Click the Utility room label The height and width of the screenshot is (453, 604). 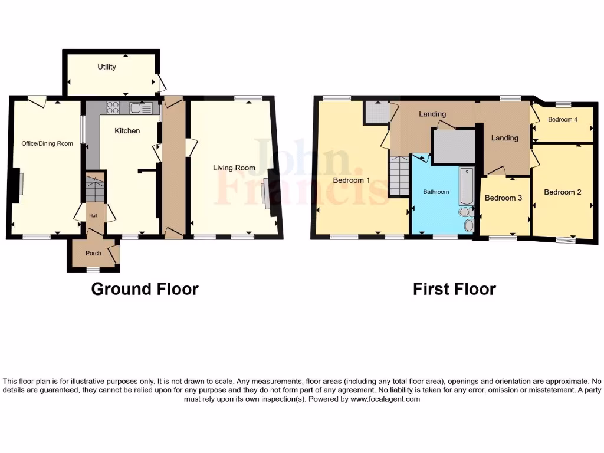click(x=107, y=67)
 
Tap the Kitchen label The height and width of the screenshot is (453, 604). click(x=127, y=130)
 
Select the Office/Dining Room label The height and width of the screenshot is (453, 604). click(x=47, y=143)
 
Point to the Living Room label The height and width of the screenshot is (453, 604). click(x=234, y=168)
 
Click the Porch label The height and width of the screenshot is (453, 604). click(x=93, y=254)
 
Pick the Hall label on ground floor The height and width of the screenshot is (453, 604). click(x=93, y=216)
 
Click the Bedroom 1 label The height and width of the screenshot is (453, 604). click(x=352, y=180)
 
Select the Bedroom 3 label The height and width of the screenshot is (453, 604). click(x=503, y=198)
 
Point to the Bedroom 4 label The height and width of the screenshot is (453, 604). click(x=562, y=120)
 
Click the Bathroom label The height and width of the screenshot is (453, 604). click(x=436, y=192)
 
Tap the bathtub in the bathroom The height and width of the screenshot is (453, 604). click(x=465, y=185)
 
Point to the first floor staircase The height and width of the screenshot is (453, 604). click(x=399, y=176)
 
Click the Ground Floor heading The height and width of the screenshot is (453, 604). click(x=145, y=289)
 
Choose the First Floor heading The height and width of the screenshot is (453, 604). click(x=454, y=289)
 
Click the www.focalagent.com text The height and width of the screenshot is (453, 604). click(x=386, y=399)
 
